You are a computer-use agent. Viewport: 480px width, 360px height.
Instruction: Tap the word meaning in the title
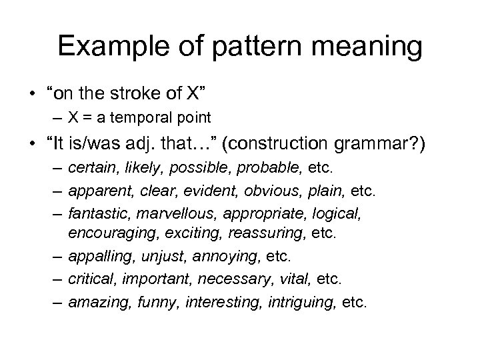point(363,47)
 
